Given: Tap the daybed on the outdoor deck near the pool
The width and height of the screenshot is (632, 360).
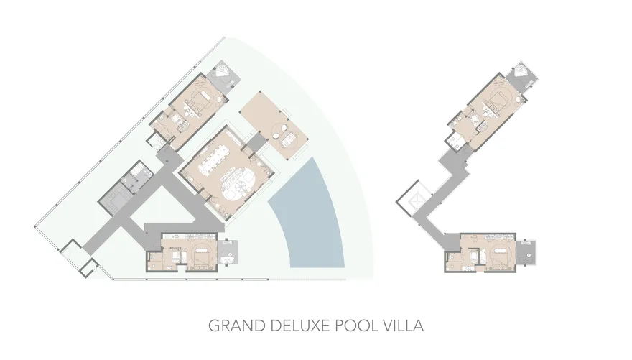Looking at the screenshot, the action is click(x=288, y=141).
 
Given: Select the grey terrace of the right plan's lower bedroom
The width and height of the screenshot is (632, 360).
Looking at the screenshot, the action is click(x=527, y=253).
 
